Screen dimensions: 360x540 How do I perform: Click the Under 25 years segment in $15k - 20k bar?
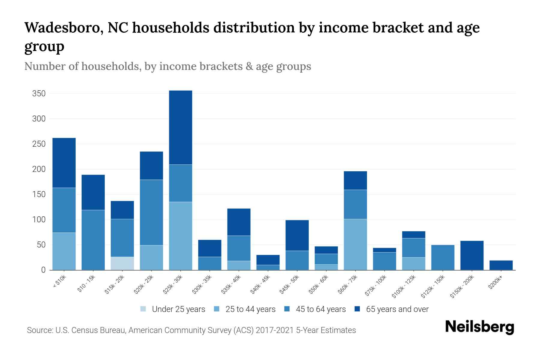coord(122,263)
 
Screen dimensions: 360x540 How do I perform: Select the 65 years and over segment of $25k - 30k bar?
coord(180,127)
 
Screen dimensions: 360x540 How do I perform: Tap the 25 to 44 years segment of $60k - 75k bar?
coord(355,244)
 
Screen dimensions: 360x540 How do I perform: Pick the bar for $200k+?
coord(501,265)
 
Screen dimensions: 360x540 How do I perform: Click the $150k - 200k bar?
coord(472,255)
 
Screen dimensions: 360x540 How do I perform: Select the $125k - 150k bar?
coord(442,257)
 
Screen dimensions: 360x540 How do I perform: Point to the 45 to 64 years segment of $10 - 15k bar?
coord(93,240)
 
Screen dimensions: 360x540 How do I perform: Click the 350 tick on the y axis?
coord(39,94)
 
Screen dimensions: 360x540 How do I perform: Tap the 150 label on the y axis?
coord(39,194)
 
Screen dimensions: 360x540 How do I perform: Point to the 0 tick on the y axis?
coord(43,270)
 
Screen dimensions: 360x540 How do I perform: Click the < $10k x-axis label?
coord(59,282)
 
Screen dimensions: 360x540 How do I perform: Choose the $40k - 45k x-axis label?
coord(260,285)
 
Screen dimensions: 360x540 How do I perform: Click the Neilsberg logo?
coord(479,327)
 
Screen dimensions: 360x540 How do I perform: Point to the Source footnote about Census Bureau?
coord(191,330)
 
